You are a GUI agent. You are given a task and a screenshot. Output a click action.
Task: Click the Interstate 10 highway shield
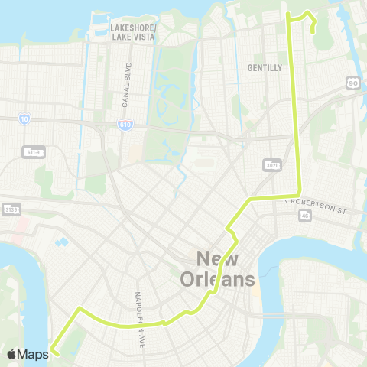tap(25, 119)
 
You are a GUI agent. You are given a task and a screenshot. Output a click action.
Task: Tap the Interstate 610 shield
tap(125, 123)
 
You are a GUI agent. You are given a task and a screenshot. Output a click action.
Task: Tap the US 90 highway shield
tap(352, 83)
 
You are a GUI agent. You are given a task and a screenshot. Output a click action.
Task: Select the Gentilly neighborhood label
tap(265, 67)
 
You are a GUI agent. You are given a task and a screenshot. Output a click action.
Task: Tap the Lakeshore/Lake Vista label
tap(133, 31)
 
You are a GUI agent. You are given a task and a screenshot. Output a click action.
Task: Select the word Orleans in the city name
tap(217, 280)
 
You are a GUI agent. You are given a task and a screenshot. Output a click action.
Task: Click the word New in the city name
tap(217, 258)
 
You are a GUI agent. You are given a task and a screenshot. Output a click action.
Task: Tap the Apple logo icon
tap(11, 353)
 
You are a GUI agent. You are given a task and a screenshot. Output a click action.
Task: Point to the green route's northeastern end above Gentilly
tap(314, 28)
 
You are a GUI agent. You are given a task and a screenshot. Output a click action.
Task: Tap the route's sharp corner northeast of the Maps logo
tap(78, 309)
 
